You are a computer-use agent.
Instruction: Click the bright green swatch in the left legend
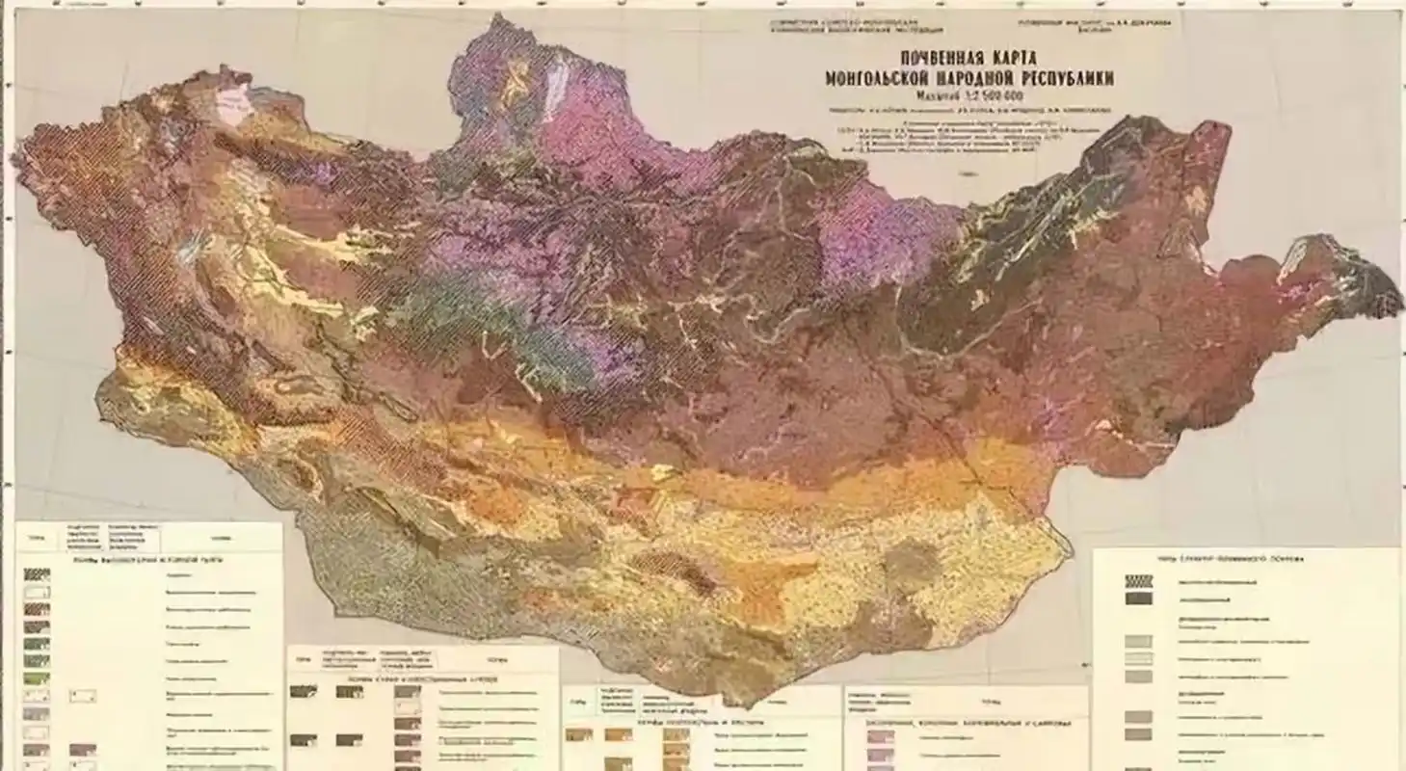37,678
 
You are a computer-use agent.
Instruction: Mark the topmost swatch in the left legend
37,574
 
